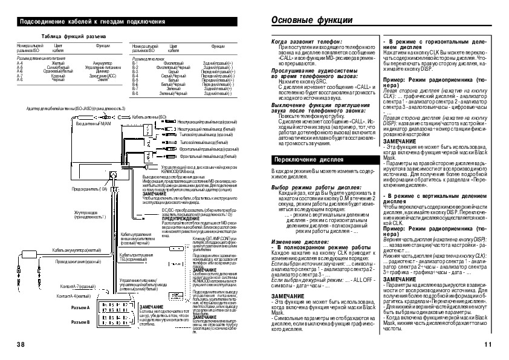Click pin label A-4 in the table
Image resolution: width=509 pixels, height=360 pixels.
(x=19, y=63)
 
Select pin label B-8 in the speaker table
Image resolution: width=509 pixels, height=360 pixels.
(x=135, y=93)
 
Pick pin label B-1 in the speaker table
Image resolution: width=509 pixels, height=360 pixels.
(x=135, y=63)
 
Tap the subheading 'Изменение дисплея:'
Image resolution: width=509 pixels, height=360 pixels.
(x=298, y=241)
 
